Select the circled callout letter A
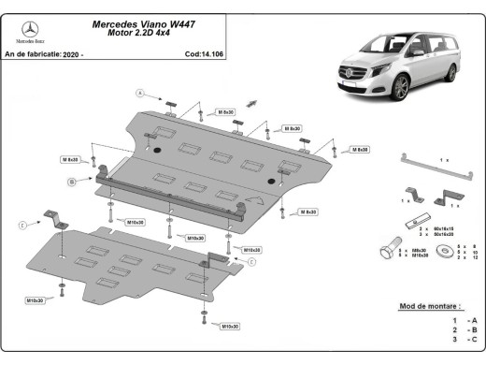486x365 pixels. pyautogui.click(x=140, y=93)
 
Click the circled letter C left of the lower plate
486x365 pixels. pyautogui.click(x=21, y=225)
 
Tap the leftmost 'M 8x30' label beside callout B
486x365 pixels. pyautogui.click(x=71, y=159)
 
